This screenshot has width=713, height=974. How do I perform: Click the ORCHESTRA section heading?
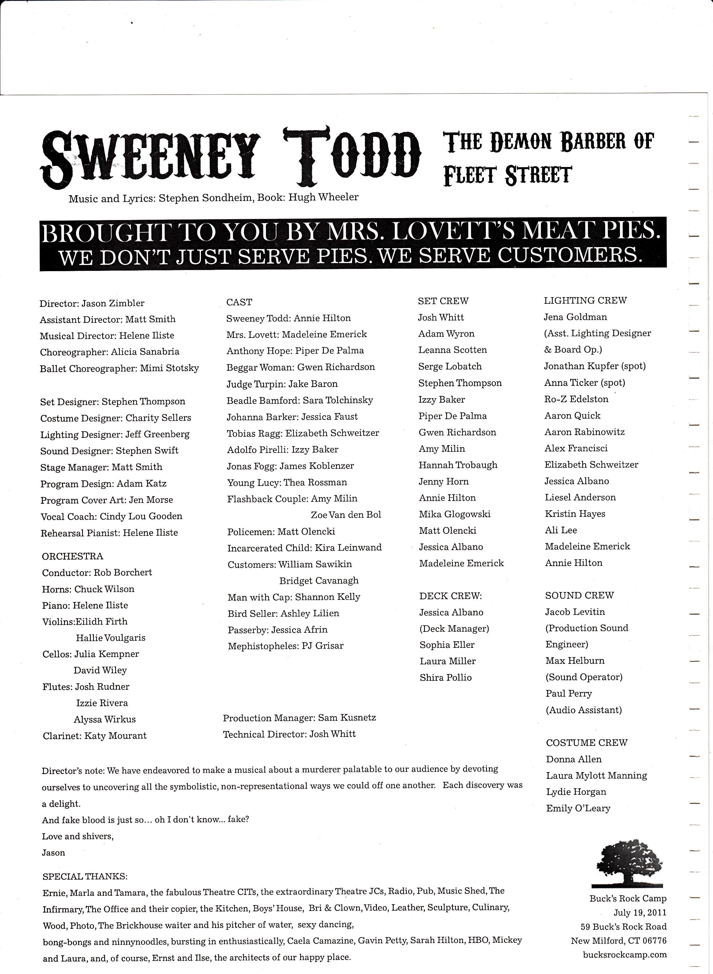pos(73,557)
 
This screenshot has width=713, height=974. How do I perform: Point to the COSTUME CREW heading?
pos(586,743)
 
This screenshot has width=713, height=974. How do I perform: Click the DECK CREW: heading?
pos(450,596)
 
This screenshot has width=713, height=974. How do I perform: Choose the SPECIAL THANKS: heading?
pos(85,877)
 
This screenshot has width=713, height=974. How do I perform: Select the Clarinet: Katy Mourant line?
pos(94,736)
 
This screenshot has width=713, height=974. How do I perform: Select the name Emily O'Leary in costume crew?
pos(578,808)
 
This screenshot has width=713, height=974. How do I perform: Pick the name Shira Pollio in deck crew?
pos(445,678)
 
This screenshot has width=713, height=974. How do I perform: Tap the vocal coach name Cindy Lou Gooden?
pos(141,516)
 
